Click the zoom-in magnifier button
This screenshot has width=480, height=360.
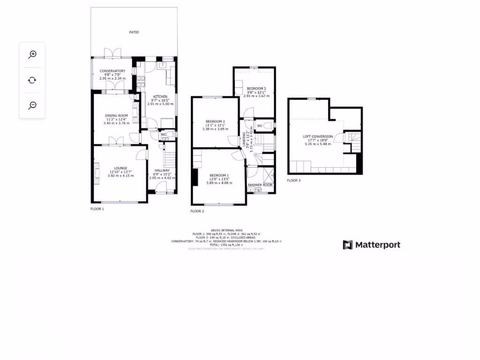point(32,54)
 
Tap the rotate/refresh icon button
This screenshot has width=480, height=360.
point(32,80)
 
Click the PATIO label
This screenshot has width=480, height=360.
point(134,32)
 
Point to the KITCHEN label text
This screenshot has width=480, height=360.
point(160,97)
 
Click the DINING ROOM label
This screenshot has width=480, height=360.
point(116,115)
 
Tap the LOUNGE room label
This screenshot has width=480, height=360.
point(121,168)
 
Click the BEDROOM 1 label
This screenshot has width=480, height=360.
point(219,175)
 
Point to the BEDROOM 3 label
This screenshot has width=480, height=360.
point(256,88)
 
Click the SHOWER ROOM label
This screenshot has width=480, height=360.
point(260,185)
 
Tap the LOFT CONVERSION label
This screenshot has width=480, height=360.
point(318,136)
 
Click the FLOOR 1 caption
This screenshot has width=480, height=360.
point(97,209)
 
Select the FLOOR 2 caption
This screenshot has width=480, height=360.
point(197,211)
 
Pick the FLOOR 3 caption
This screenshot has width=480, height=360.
point(294,180)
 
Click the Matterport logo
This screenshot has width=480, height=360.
point(372,245)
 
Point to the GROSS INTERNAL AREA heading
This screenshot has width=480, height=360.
point(226,230)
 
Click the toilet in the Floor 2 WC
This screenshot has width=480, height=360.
point(267,126)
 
